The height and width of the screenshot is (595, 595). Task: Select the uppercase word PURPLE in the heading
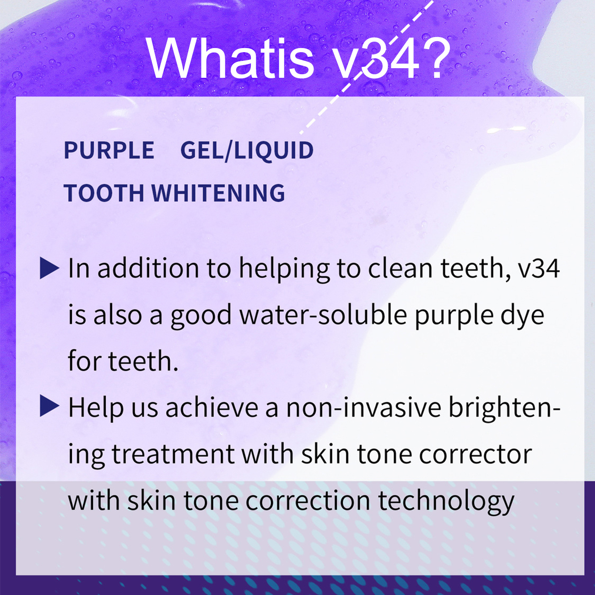click(x=109, y=151)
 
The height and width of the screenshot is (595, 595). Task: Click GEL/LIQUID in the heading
click(x=247, y=151)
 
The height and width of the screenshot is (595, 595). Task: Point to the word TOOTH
click(x=104, y=193)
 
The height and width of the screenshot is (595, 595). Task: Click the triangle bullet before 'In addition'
click(x=49, y=268)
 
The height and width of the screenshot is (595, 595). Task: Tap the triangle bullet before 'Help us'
click(x=49, y=406)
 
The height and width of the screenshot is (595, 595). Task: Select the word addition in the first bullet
click(x=148, y=268)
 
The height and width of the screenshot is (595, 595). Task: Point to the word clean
click(x=400, y=268)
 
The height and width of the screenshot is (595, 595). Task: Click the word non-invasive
click(x=363, y=407)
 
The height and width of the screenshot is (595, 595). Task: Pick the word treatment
click(x=173, y=454)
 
